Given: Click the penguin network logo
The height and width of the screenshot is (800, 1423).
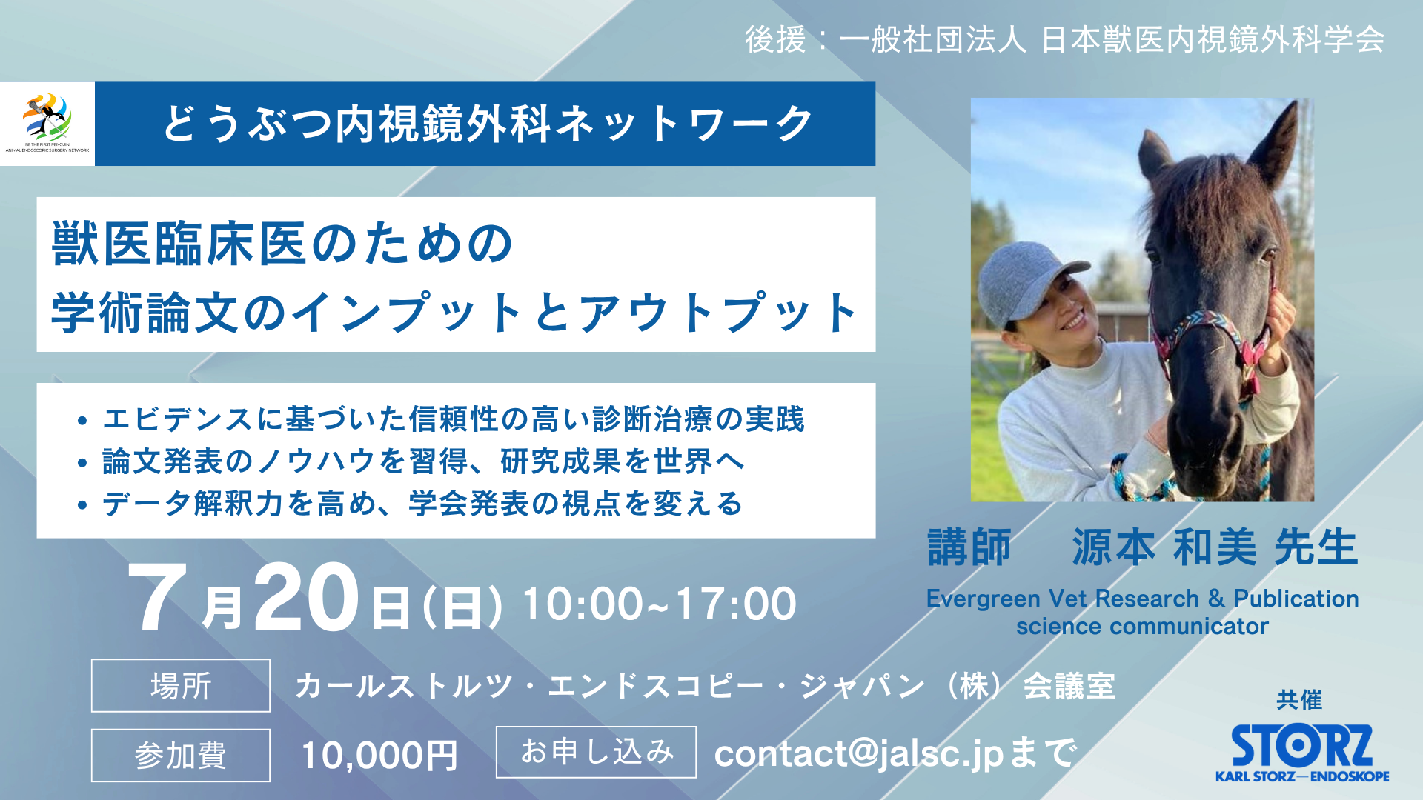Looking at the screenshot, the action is coord(47,123).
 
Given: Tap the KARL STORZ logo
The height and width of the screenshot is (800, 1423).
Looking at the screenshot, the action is coord(1302,753).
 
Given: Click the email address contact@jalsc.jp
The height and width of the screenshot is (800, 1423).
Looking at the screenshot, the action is coord(858,753).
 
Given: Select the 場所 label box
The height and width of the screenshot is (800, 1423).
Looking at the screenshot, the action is coord(181,685).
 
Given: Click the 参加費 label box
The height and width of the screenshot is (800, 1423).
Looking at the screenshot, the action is coord(181,755).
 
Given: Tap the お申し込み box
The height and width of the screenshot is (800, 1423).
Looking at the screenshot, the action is coord(596,752).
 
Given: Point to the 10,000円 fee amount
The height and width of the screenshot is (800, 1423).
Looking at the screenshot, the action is coord(379,756).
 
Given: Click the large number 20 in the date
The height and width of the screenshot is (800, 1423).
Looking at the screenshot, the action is coord(307,597).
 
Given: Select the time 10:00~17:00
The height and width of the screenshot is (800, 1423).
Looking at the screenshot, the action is coord(660,604).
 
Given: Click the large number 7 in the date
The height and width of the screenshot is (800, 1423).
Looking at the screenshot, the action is coord(158,597).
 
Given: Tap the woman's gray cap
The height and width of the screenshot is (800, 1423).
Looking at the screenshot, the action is coord(1026,281).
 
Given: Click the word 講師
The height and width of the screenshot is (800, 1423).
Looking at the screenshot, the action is coord(969,547).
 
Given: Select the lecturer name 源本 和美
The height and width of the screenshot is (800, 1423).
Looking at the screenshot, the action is coord(1164,547).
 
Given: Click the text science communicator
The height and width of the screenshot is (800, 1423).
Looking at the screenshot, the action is coord(1142,627).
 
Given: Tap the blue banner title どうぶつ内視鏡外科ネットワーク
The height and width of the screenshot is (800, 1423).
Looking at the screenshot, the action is coord(487,124).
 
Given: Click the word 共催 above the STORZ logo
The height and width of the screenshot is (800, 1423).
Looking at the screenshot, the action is coord(1299,700).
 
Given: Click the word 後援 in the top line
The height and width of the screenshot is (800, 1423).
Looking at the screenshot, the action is coord(775,39).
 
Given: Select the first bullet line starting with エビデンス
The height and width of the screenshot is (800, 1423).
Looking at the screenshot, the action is coord(454,419).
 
